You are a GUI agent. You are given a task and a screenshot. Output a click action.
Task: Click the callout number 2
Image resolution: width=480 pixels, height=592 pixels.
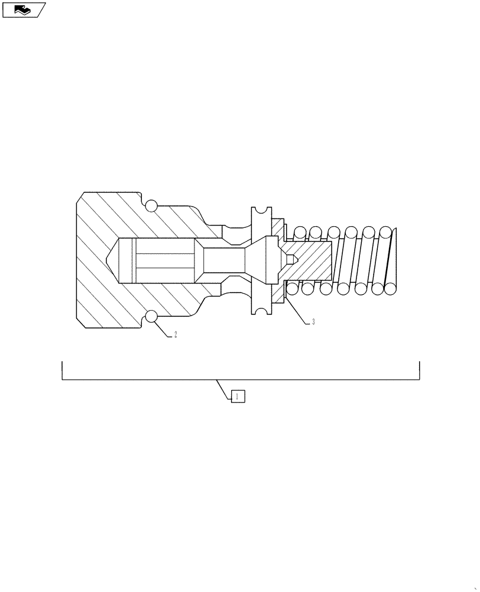176,334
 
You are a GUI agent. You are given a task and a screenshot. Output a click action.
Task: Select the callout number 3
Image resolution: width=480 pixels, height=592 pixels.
313,322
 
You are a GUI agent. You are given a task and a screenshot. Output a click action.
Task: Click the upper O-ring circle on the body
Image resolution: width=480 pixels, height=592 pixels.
151,205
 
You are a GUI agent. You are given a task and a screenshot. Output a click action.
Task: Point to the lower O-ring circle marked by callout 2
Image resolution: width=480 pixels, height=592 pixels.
151,317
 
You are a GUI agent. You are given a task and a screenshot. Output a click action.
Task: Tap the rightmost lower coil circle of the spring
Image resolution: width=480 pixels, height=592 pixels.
390,288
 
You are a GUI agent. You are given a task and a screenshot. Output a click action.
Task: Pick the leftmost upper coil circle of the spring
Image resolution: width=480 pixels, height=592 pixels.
300,232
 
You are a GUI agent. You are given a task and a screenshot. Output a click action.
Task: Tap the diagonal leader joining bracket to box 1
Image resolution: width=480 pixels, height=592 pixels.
224,388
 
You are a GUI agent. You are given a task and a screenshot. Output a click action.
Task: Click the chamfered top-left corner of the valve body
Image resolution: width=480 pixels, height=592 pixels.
80,197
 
